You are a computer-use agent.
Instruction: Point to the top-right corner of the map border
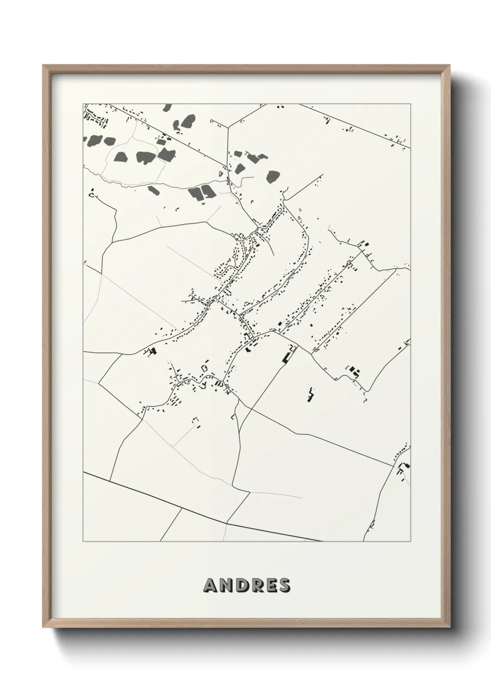click(x=410, y=103)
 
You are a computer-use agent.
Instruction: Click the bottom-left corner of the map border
click(x=83, y=542)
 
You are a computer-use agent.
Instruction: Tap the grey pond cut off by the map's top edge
click(x=167, y=108)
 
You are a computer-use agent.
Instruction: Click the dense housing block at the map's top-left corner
click(x=95, y=116)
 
